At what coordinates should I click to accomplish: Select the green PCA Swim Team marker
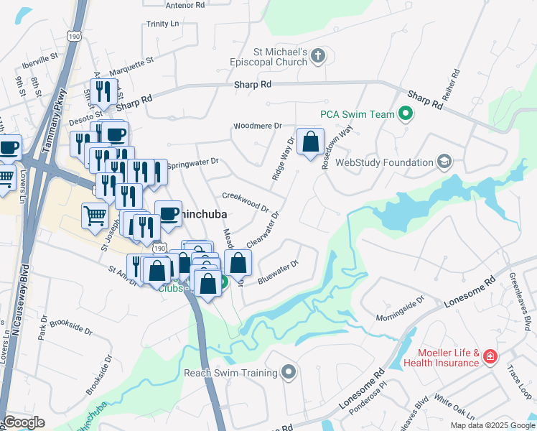pyautogui.click(x=406, y=113)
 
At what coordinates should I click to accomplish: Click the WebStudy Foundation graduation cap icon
pyautogui.click(x=444, y=162)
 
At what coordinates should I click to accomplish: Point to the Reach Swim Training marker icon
pyautogui.click(x=289, y=372)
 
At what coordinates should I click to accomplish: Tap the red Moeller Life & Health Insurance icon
pyautogui.click(x=490, y=356)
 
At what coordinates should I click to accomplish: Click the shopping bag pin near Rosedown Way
pyautogui.click(x=310, y=143)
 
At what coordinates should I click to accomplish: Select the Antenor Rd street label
pyautogui.click(x=185, y=4)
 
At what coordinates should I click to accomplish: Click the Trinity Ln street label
pyautogui.click(x=162, y=24)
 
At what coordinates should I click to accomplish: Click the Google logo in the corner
pyautogui.click(x=24, y=422)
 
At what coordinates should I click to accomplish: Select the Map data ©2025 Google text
pyautogui.click(x=492, y=425)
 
